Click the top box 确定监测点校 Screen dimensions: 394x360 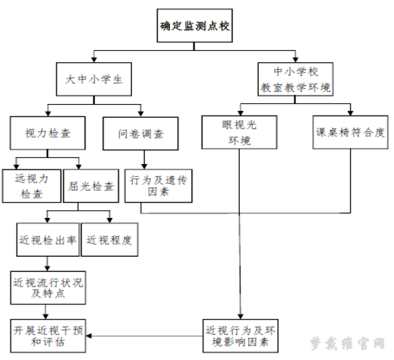(194, 26)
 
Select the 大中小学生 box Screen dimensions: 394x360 (94, 79)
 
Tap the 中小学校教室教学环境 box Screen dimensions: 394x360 (295, 79)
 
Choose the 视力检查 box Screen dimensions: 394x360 (48, 133)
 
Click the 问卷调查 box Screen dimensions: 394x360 (140, 134)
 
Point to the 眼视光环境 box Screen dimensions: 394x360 (239, 132)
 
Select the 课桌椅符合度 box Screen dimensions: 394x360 (350, 132)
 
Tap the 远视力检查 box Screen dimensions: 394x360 (32, 186)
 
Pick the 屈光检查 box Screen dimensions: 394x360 (91, 186)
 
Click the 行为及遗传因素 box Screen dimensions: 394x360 (158, 186)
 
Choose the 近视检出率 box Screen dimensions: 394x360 (48, 239)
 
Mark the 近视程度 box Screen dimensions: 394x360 (109, 239)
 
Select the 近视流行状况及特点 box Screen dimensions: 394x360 (48, 288)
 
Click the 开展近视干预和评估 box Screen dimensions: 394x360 (48, 336)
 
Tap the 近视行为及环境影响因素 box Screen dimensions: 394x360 (240, 336)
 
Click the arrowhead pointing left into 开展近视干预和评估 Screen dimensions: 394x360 (88, 336)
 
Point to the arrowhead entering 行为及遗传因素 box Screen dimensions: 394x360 (144, 166)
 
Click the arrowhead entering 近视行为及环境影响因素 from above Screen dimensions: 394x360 (240, 317)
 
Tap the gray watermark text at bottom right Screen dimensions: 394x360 (347, 343)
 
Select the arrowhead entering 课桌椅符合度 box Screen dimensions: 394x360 (350, 113)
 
